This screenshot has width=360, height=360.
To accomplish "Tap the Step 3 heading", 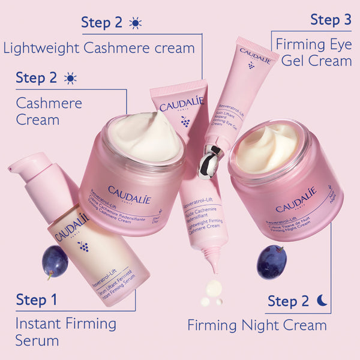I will [331, 20].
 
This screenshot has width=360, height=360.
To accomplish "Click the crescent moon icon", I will [323, 299].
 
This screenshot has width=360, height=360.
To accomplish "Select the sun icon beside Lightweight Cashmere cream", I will [136, 23].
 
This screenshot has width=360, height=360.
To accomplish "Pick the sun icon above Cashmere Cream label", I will [71, 78].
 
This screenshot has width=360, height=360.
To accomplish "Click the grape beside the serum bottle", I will [55, 262].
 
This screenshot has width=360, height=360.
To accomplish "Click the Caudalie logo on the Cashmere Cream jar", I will [129, 194].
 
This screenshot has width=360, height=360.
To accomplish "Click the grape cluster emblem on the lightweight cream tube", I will [185, 122].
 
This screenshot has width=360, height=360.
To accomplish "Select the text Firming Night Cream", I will [257, 326].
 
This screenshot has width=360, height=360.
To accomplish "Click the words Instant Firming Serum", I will [65, 332].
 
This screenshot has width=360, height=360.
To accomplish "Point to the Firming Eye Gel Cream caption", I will [313, 52].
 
